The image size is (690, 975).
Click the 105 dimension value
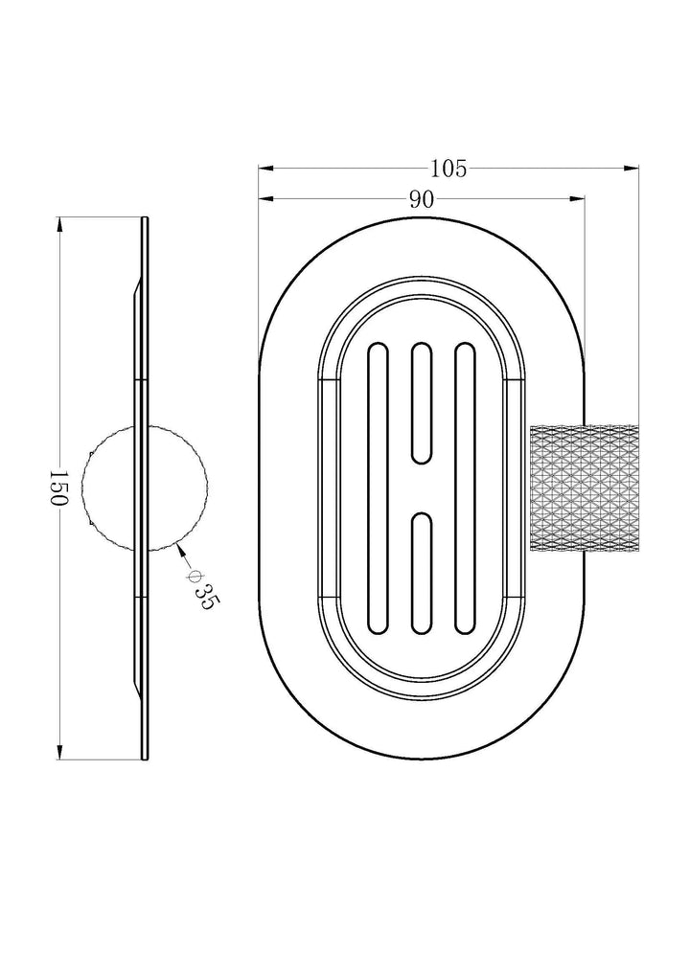click(448, 169)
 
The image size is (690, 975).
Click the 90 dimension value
click(422, 199)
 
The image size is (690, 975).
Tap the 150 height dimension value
click(57, 488)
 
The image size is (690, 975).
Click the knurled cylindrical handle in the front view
click(585, 488)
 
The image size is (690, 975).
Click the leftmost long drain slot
click(377, 488)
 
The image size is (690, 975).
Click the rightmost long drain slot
click(466, 488)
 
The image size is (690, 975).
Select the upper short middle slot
click(422, 403)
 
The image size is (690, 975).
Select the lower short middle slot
click(422, 574)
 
